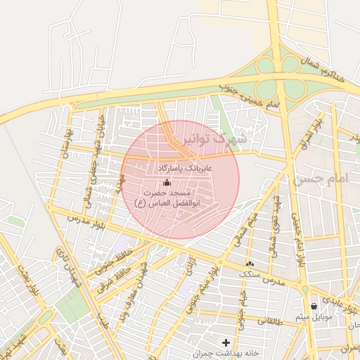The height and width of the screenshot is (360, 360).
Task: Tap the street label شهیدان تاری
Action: pyautogui.click(x=67, y=268)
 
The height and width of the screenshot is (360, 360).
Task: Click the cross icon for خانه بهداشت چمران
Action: pyautogui.click(x=225, y=342)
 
